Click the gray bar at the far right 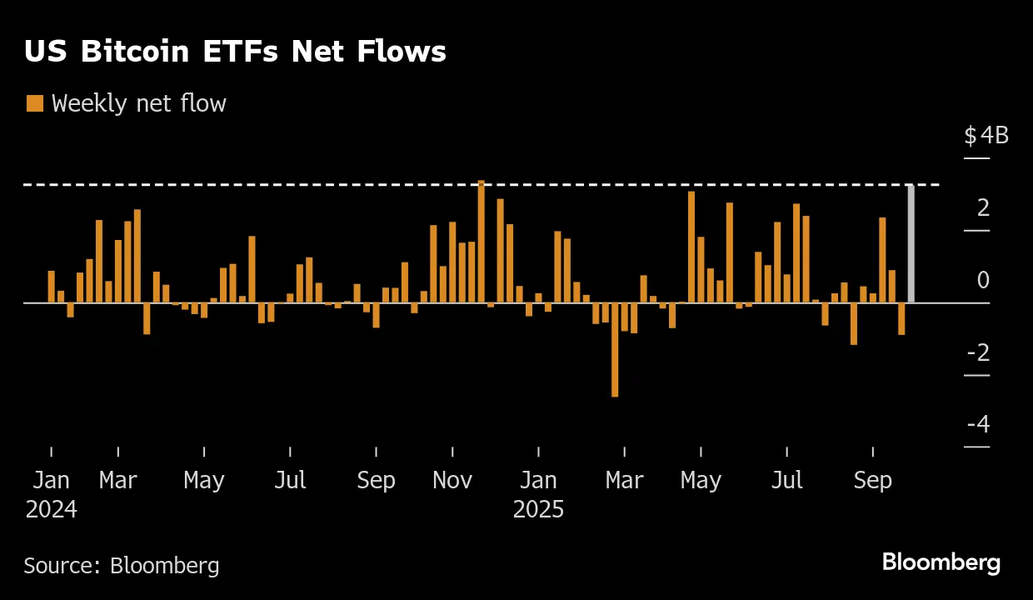(911, 243)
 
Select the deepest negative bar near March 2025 (615, 349)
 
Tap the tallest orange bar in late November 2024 (482, 242)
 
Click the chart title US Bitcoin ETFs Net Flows (235, 52)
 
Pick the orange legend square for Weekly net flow (35, 103)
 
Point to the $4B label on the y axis (986, 135)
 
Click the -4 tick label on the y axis (978, 424)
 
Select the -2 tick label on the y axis (978, 352)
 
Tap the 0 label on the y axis (983, 280)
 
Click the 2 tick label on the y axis (983, 207)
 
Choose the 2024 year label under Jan (52, 509)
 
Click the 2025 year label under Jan (538, 509)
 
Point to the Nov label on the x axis (452, 481)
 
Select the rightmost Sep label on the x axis (872, 481)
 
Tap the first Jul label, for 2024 (290, 481)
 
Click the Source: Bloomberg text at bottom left (122, 566)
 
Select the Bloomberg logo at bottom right (941, 562)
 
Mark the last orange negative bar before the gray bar (901, 318)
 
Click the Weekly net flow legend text (139, 103)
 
